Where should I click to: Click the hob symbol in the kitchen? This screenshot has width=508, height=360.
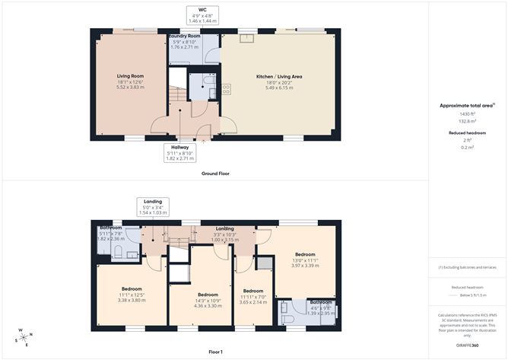pyautogui.click(x=226, y=89)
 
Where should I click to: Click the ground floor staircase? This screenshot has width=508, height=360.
pyautogui.click(x=176, y=94)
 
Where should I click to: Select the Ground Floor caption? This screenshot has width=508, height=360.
pyautogui.click(x=215, y=174)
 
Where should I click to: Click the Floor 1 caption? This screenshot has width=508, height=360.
pyautogui.click(x=215, y=352)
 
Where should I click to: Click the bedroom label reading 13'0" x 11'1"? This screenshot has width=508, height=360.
pyautogui.click(x=304, y=260)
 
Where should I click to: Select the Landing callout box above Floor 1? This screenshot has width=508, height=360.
pyautogui.click(x=153, y=207)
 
